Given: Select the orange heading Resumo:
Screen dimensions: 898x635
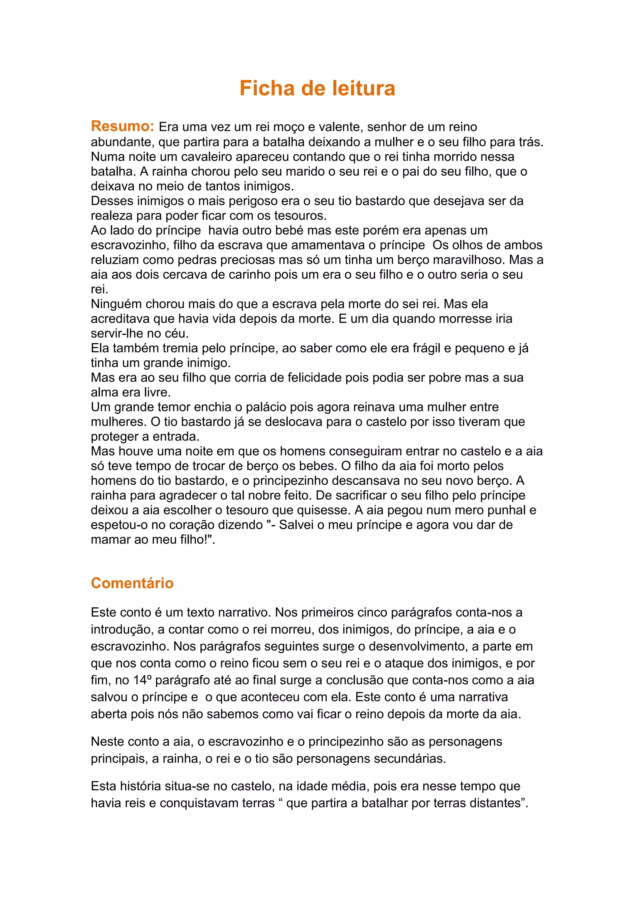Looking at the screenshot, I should coord(123,126).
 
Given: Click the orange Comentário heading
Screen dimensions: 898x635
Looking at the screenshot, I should coord(132,583).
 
